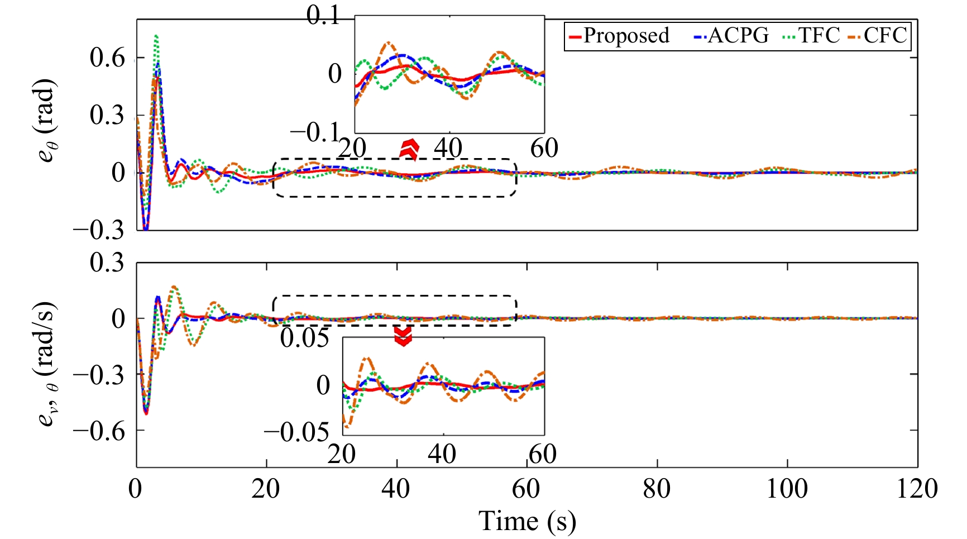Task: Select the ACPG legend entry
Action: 732,36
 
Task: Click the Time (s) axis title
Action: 527,521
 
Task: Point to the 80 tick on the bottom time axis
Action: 657,489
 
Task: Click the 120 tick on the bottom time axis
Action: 917,489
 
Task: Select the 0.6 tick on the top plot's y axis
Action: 108,58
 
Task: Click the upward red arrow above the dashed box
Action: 410,149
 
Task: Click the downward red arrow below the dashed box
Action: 403,336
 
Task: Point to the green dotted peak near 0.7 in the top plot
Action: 156,36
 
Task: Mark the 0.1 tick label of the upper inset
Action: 324,16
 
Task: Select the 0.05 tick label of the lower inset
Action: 305,338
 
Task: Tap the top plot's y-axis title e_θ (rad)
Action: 47,121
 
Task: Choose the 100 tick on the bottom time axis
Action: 787,489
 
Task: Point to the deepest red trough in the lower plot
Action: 146,413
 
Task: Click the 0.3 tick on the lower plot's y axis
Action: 108,263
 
